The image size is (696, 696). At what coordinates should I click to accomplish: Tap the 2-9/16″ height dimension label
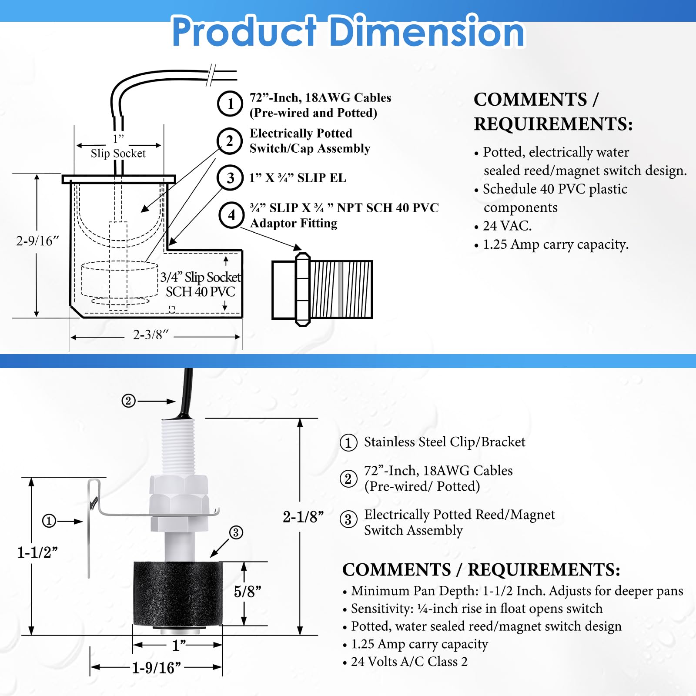(37, 241)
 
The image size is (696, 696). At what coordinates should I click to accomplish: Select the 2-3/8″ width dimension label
(151, 335)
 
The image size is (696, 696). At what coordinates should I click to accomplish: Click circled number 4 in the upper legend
(231, 215)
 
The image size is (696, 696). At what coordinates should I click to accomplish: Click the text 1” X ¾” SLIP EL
(298, 178)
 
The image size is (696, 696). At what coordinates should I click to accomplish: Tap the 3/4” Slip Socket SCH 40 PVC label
(200, 284)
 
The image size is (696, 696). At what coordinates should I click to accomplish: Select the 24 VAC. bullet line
(507, 226)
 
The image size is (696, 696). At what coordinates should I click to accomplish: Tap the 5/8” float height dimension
(247, 592)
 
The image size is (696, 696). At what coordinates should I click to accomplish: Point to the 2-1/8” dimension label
(303, 517)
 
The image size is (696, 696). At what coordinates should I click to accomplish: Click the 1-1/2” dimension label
(37, 552)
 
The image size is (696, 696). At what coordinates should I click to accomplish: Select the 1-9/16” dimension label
(156, 667)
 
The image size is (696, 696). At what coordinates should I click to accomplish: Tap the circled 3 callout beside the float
(236, 532)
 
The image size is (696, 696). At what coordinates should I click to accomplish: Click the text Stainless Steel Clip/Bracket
(444, 442)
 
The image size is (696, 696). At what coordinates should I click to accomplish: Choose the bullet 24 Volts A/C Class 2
(409, 662)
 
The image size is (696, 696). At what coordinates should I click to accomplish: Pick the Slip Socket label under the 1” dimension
(118, 153)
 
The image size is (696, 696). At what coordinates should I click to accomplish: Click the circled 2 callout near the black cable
(128, 401)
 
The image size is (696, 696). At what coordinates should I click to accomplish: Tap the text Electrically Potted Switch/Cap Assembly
(309, 141)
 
